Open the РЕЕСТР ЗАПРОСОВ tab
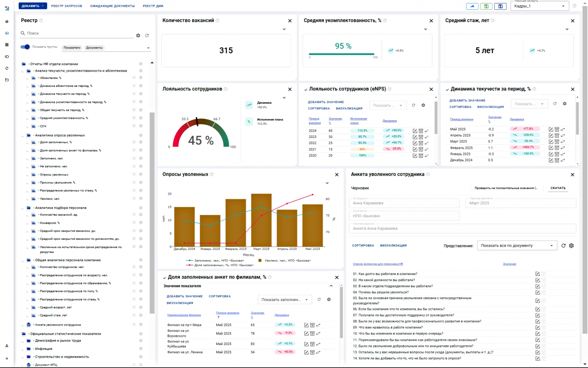tap(66, 6)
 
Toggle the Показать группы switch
tap(25, 47)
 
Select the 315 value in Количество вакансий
tap(226, 51)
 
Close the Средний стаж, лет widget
tap(573, 21)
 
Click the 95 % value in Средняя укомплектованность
tap(343, 46)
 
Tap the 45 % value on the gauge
tap(201, 141)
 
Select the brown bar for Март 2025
tap(261, 220)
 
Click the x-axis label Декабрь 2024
tap(184, 249)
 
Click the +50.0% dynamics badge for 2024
tap(394, 130)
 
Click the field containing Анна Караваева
tap(404, 203)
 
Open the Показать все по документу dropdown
tap(517, 245)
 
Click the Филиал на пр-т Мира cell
tap(184, 325)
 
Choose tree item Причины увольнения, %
tap(57, 182)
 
